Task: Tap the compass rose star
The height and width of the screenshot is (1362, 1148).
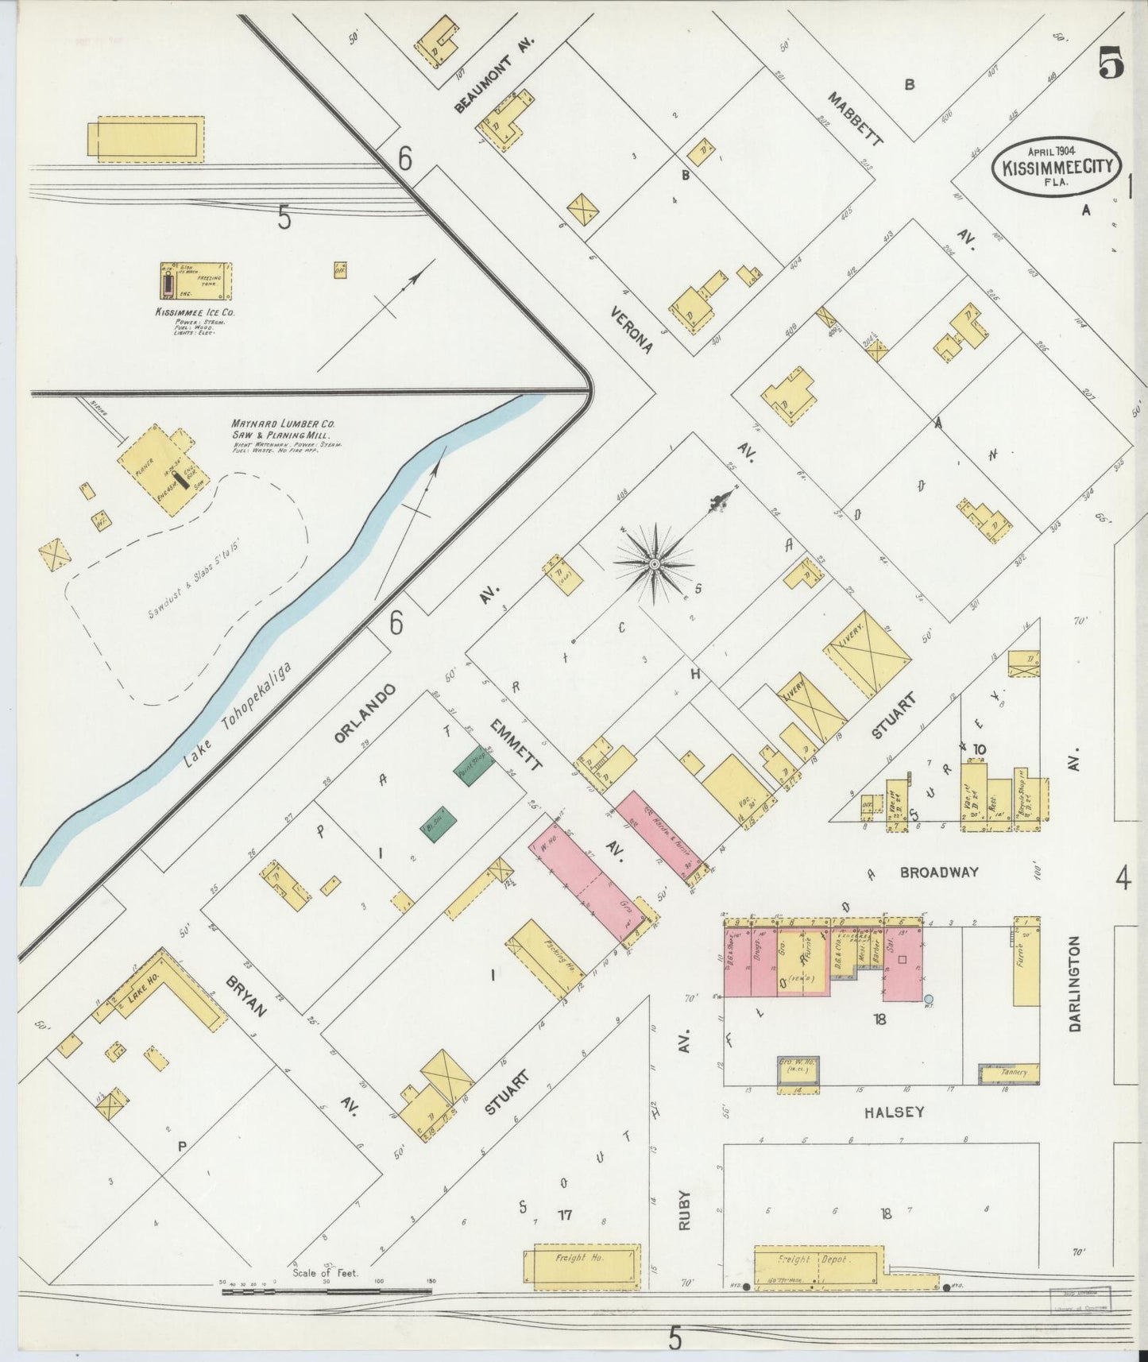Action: pos(654,563)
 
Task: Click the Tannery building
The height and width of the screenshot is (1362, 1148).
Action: pos(1009,1073)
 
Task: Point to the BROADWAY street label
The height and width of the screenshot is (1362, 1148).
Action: pos(938,873)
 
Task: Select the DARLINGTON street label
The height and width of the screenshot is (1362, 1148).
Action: pos(1075,983)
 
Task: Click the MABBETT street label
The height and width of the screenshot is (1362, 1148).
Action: pos(855,119)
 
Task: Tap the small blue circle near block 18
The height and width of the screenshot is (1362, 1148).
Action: pos(929,998)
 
